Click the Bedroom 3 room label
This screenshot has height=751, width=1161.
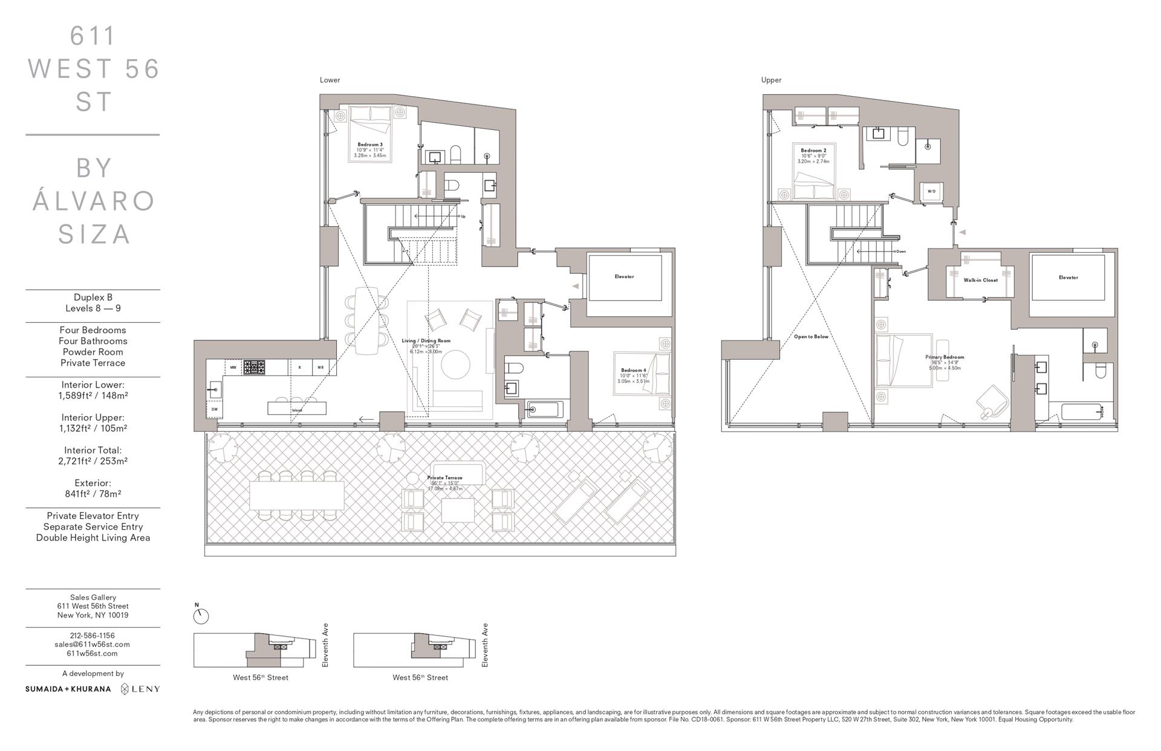tap(369, 145)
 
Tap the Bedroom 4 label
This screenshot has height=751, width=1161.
tap(633, 370)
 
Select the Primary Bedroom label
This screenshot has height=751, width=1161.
tap(945, 357)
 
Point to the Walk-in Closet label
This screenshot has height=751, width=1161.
tap(980, 280)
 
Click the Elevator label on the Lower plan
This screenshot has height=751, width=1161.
tap(624, 276)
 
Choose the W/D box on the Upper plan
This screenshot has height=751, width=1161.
tap(931, 192)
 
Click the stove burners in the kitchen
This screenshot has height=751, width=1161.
tap(254, 367)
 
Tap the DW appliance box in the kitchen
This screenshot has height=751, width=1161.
tap(214, 409)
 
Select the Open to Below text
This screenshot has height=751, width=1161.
tap(811, 337)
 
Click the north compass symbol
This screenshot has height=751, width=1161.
tap(201, 616)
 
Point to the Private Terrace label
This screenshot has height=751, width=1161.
tap(444, 478)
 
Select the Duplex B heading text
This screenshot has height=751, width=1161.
tap(93, 297)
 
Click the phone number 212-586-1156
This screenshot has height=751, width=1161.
tap(92, 636)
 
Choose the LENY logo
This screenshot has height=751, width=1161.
tap(140, 689)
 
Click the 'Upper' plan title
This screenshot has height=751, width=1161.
tap(771, 80)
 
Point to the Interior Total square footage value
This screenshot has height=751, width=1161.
tap(93, 461)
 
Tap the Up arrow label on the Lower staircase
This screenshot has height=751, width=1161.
tap(463, 216)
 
